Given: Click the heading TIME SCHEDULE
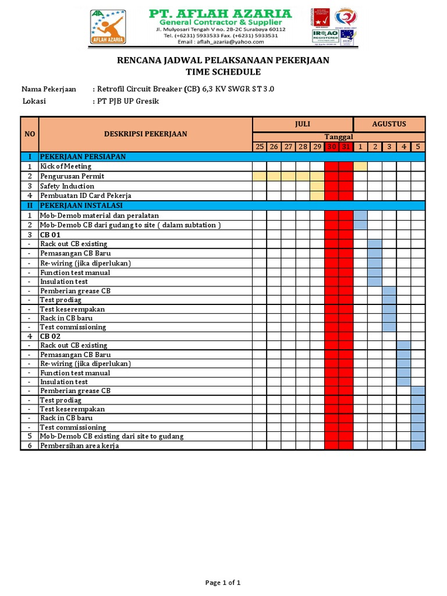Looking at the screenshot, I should [x=223, y=72].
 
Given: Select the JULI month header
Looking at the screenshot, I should [x=302, y=124].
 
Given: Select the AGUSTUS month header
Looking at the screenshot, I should [x=389, y=124].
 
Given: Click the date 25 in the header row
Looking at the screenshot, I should [x=260, y=147].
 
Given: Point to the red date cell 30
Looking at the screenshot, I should [x=332, y=147].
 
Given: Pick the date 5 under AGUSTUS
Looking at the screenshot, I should [x=418, y=147].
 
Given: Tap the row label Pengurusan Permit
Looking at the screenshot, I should [x=72, y=176].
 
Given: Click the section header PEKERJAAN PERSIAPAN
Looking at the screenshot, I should [x=82, y=157].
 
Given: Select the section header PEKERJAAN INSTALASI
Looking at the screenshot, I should [x=81, y=205].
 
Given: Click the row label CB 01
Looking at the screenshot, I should [x=50, y=235].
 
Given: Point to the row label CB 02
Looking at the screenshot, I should [x=50, y=336].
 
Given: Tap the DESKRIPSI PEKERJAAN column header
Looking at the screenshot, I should [x=145, y=134].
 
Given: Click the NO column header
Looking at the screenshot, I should [x=29, y=134].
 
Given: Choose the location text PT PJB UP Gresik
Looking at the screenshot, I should [x=127, y=101].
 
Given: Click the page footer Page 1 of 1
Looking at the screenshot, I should [x=223, y=583].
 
